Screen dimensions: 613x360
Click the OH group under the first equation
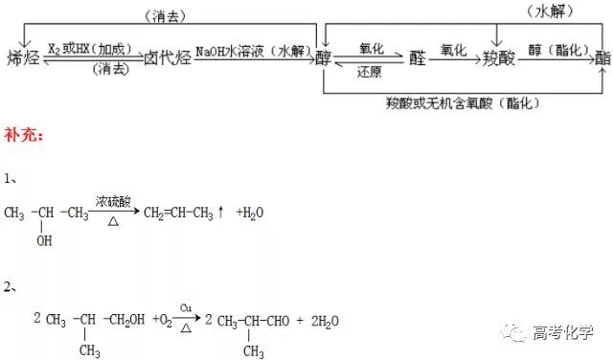44,241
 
